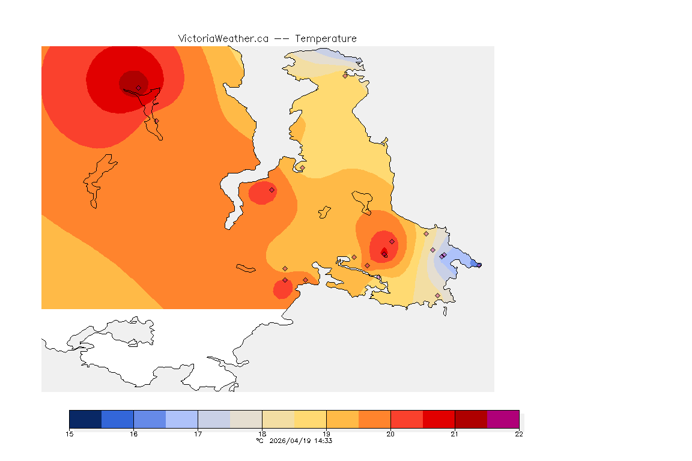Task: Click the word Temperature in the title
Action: coord(326,38)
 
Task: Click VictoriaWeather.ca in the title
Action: coord(223,38)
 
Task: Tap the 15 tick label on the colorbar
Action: coord(69,434)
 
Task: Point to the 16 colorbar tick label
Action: coord(133,434)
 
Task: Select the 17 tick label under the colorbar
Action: coord(198,434)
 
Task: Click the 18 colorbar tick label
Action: coord(262,434)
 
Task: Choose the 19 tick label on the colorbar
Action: coord(326,434)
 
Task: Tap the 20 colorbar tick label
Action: coord(390,434)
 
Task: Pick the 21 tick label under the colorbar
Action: coord(455,434)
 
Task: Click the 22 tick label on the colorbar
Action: coord(519,434)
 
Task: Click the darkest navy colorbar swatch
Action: coord(85,419)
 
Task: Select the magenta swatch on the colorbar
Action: coord(503,419)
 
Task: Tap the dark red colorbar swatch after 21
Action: coord(471,419)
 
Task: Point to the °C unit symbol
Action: coord(259,441)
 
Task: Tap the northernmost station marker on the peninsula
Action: coord(345,76)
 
